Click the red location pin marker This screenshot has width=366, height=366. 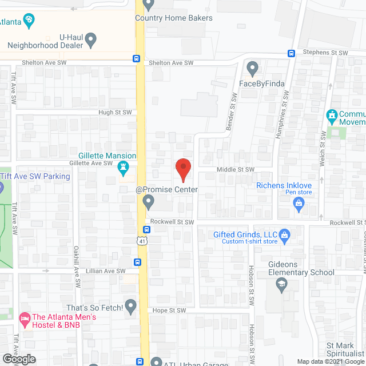coord(182,169)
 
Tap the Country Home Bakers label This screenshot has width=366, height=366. coord(173,18)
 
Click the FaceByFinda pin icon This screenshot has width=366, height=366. coord(252,69)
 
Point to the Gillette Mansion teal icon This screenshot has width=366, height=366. coord(122,168)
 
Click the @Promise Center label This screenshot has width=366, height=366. coord(166,189)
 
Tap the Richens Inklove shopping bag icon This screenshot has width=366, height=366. coord(298,206)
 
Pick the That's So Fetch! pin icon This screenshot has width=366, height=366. coord(131,308)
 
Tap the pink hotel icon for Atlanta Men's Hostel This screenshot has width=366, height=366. coord(25,317)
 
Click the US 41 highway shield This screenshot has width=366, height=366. coord(142,241)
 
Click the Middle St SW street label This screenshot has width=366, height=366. coord(235,170)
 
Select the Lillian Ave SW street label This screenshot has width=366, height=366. coord(105,271)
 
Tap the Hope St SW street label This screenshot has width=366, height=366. coord(170,311)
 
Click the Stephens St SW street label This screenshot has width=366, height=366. coord(325,53)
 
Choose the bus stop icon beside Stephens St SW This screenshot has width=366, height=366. coord(291,54)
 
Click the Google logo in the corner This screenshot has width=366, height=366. coord(18,359)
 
